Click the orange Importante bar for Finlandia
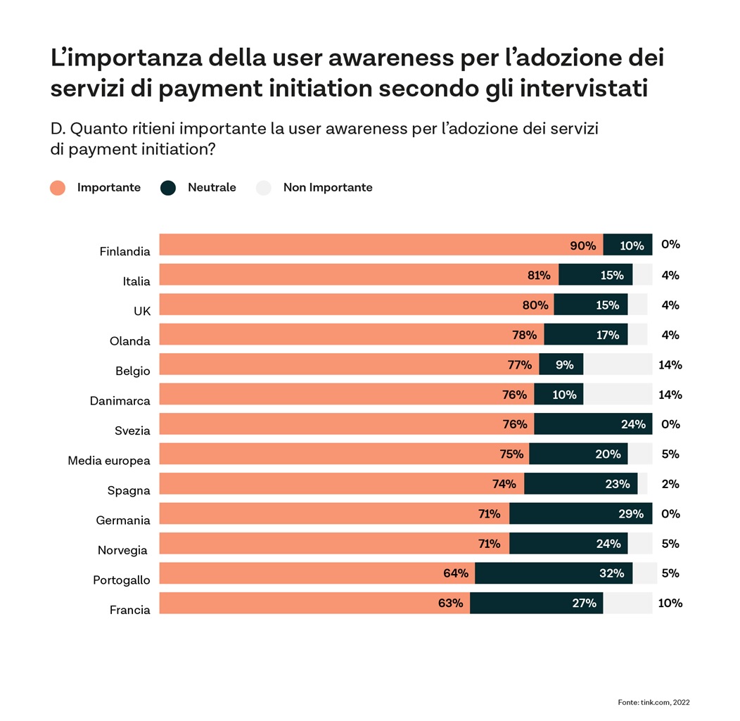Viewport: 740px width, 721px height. coord(380,245)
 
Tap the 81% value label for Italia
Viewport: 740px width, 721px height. coord(539,275)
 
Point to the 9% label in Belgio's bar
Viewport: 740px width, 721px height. coord(564,364)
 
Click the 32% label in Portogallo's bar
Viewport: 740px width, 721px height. coord(611,573)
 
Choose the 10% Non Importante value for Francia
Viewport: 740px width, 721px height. coord(670,603)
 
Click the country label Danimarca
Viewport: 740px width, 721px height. coord(120,401)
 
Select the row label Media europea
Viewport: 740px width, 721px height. coord(109,461)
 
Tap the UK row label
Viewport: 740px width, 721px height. coord(142,311)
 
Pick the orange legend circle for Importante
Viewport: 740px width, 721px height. coord(58,188)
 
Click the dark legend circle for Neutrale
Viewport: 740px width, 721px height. coord(168,188)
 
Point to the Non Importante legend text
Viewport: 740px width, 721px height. coord(328,188)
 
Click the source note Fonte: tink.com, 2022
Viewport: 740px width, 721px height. coord(654,701)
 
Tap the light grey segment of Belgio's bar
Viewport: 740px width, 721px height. coord(618,364)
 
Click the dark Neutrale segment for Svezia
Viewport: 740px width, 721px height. coord(592,424)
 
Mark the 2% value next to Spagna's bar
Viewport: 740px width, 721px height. coord(670,484)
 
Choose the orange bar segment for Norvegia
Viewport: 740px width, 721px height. coord(334,544)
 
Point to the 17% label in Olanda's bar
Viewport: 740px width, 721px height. coord(607,335)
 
